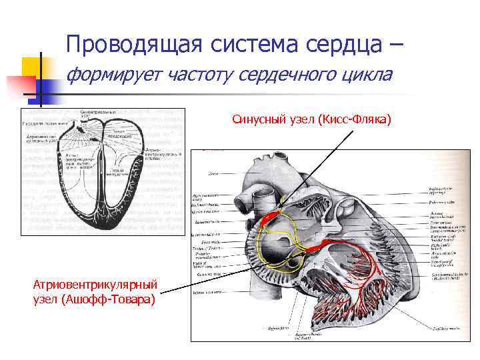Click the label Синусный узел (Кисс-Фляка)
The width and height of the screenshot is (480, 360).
coord(311,119)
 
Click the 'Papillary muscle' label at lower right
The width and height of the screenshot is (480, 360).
coord(444,328)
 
